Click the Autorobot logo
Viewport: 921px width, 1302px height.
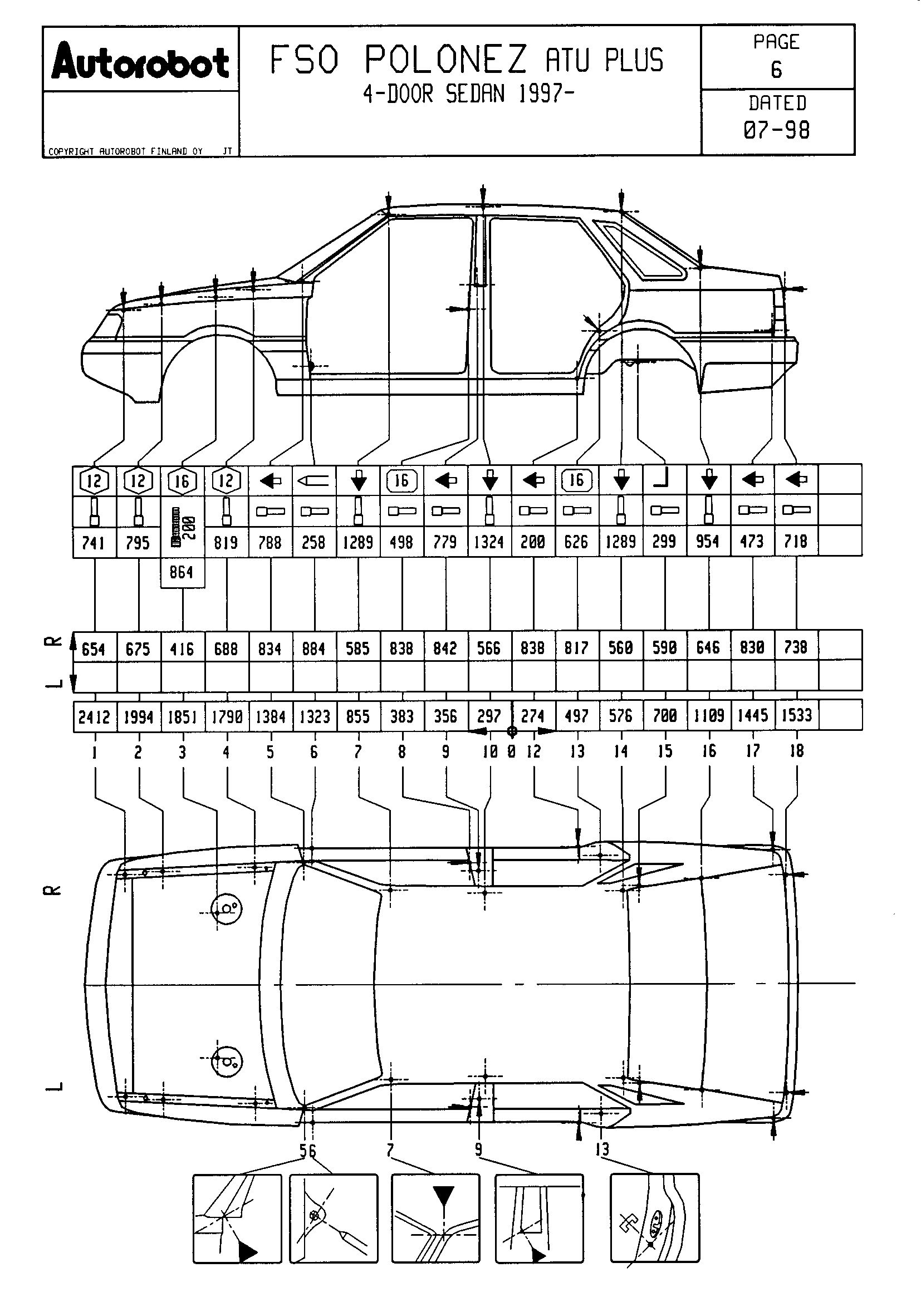point(140,62)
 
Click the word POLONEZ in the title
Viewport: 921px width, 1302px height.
point(446,60)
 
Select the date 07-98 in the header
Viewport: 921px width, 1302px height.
point(776,130)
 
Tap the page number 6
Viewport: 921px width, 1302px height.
point(776,70)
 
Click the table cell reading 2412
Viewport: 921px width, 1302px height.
point(94,717)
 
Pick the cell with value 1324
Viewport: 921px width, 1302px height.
point(489,542)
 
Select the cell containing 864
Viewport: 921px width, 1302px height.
point(182,572)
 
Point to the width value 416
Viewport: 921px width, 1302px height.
point(182,648)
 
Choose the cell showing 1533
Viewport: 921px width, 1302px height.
point(796,715)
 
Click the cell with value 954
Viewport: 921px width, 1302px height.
point(708,541)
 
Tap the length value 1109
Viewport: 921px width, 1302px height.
point(708,716)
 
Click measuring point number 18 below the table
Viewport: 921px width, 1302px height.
point(796,751)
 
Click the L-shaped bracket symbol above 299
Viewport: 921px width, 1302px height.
point(664,480)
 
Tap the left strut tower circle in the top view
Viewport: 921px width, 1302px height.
point(226,1061)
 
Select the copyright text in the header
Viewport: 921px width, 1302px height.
point(125,151)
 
